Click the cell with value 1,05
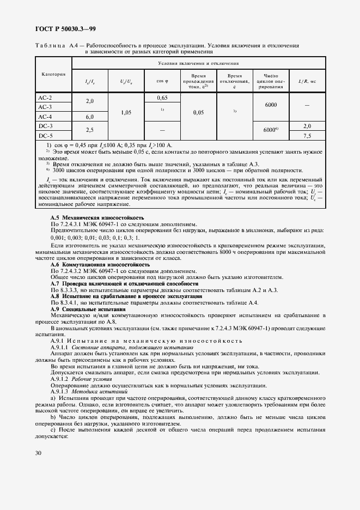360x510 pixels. click(x=126, y=112)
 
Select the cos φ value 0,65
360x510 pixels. click(x=162, y=98)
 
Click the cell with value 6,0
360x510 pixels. click(x=90, y=117)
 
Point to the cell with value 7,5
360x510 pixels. click(x=307, y=136)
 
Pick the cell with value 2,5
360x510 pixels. click(x=90, y=131)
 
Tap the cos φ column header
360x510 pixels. click(x=162, y=81)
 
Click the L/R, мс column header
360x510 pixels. click(x=307, y=81)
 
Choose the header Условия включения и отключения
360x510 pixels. click(x=198, y=64)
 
